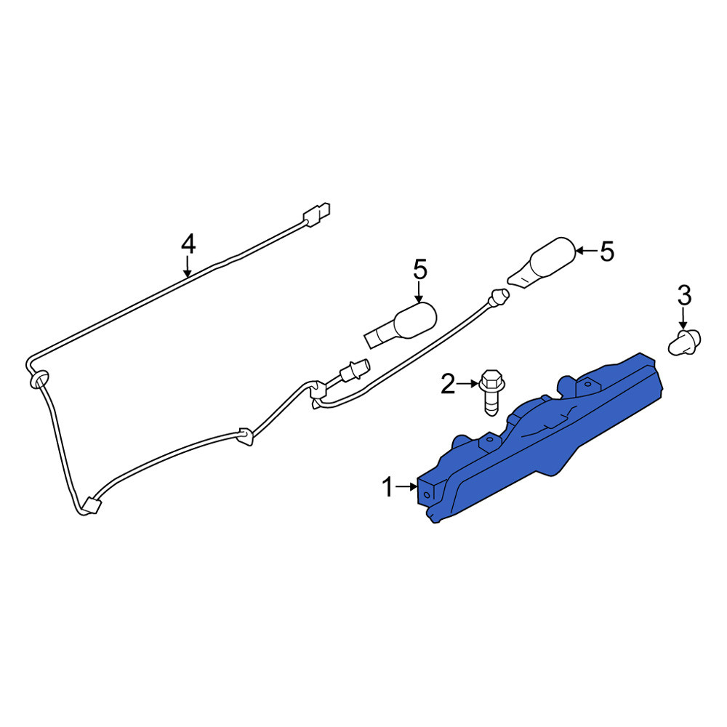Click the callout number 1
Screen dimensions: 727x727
click(x=387, y=488)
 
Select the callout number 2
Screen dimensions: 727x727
click(x=447, y=384)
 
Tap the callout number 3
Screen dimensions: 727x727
click(x=684, y=296)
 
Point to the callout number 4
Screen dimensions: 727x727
click(x=188, y=244)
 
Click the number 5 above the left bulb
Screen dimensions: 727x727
click(x=419, y=270)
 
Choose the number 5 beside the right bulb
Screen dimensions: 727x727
click(x=607, y=252)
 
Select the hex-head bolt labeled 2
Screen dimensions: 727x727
click(x=492, y=393)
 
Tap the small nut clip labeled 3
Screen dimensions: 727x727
click(x=684, y=342)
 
